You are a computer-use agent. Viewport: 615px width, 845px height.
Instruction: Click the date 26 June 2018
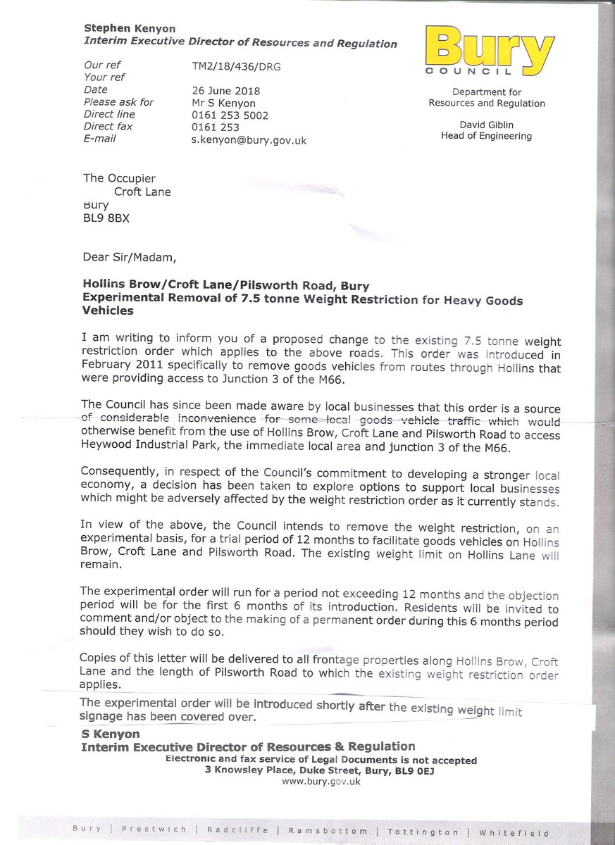pyautogui.click(x=225, y=90)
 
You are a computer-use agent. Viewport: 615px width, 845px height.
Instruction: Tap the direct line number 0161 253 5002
pyautogui.click(x=230, y=115)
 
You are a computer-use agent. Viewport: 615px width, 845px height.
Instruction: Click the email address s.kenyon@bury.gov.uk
pyautogui.click(x=249, y=140)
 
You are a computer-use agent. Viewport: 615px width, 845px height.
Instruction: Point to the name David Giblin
pyautogui.click(x=486, y=125)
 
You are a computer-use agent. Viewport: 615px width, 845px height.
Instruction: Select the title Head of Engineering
pyautogui.click(x=486, y=136)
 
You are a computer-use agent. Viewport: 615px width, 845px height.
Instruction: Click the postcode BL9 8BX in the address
pyautogui.click(x=106, y=218)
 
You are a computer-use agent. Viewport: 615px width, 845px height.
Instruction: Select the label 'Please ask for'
pyautogui.click(x=118, y=102)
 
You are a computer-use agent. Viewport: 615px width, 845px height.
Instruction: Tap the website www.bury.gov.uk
pyautogui.click(x=321, y=782)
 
